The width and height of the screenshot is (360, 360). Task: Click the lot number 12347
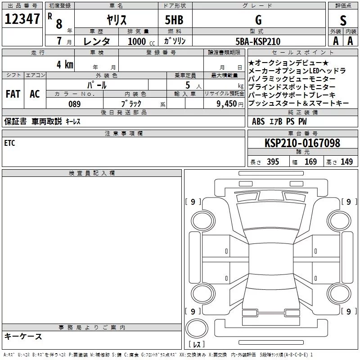pos(22,19)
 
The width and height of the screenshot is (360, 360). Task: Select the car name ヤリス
pos(117,20)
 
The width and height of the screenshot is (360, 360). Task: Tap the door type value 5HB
pos(174,20)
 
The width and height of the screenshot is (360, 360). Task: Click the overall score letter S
pos(343,20)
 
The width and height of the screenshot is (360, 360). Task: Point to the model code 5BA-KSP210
pos(258,41)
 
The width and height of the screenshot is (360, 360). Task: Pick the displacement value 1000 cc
pos(141,41)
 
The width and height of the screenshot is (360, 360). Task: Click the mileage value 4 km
pos(65,64)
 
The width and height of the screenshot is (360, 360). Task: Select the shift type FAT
pos(13,94)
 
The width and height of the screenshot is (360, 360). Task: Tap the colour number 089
pos(75,104)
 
